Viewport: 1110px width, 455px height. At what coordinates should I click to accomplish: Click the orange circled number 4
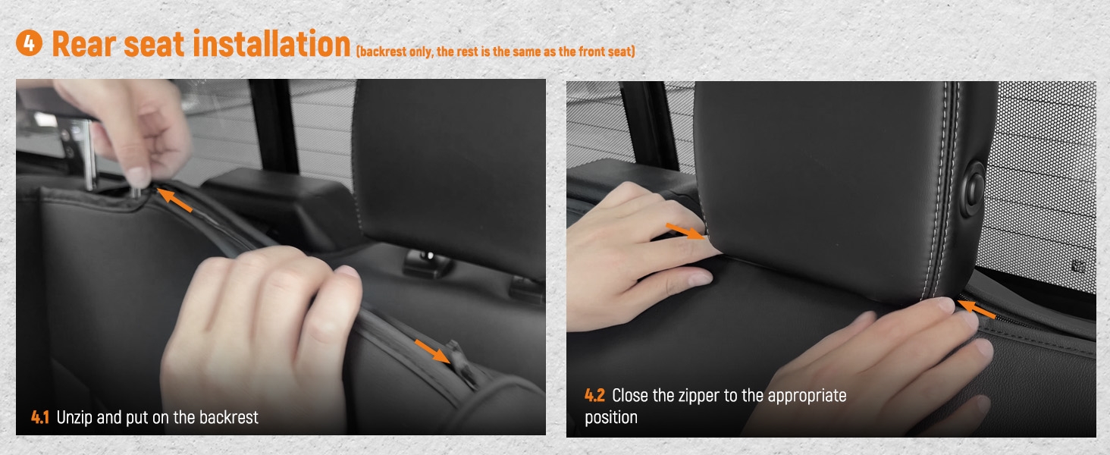click(29, 43)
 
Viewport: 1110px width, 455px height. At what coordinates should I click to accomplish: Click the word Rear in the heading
click(83, 44)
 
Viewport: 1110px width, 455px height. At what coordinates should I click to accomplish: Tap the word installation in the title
click(271, 43)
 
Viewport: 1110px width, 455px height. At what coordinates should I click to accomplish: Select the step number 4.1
click(40, 417)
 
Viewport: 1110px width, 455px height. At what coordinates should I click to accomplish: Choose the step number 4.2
click(594, 395)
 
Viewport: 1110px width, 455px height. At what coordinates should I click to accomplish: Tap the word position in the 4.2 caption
click(611, 418)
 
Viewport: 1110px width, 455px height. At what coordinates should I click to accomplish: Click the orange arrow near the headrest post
click(174, 199)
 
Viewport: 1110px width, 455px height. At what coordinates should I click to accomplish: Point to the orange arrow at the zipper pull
click(433, 351)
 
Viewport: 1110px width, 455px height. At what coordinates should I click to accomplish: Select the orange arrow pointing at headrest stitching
click(685, 231)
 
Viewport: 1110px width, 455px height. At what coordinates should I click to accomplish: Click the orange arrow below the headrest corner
click(977, 309)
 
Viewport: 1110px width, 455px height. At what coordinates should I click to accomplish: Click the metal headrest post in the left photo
click(89, 156)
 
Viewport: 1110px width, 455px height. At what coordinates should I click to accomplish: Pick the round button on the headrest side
click(973, 189)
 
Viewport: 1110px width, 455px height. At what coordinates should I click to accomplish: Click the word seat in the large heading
click(154, 44)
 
